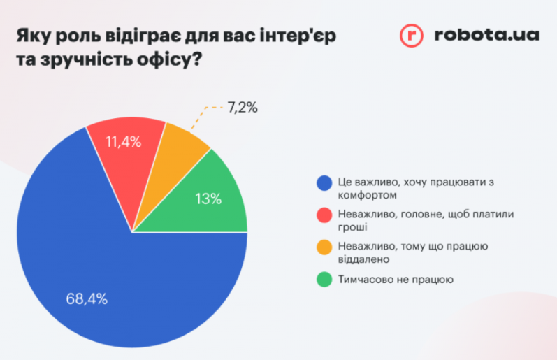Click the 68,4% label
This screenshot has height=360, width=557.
click(x=87, y=299)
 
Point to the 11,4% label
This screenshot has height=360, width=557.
click(x=123, y=142)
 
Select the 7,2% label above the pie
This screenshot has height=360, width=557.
click(x=243, y=108)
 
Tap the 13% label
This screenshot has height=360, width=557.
click(x=208, y=199)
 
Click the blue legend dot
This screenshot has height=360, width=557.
click(x=324, y=183)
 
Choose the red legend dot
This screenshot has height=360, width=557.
click(x=324, y=215)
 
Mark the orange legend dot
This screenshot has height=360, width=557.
click(x=324, y=247)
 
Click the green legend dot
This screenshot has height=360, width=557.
click(x=324, y=280)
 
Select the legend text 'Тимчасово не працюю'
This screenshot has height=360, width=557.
click(x=396, y=280)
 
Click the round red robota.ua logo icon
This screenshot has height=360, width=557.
click(x=412, y=35)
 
